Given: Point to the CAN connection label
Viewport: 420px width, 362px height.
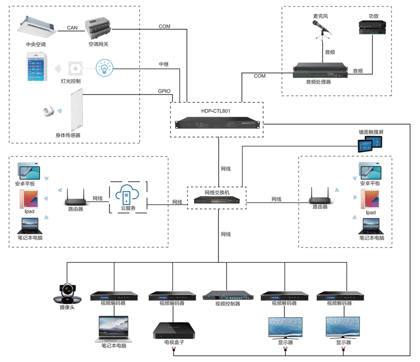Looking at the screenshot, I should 72,28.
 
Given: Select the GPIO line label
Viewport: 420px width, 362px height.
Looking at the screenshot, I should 164,91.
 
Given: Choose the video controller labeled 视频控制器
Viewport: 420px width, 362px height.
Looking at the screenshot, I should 227,296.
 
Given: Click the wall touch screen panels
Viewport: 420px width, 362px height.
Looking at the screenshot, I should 371,144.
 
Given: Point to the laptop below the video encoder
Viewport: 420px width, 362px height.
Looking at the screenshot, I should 114,328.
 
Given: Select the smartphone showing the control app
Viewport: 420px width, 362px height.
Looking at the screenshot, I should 37,67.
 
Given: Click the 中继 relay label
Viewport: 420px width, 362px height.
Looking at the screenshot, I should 164,65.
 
